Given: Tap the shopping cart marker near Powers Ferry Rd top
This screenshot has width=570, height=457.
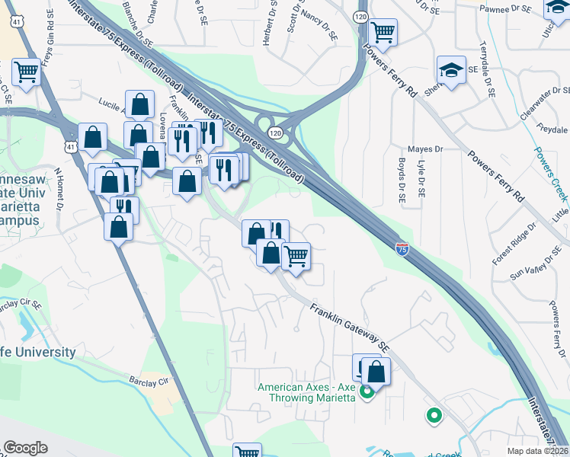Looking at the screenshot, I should [382, 33].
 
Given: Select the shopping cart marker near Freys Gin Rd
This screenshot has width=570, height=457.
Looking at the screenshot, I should [26, 72].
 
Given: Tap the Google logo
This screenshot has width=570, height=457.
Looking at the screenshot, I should [25, 448].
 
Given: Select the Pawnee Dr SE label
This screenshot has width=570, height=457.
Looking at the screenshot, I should [504, 8].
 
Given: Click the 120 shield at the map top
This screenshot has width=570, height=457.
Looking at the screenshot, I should [361, 15].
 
